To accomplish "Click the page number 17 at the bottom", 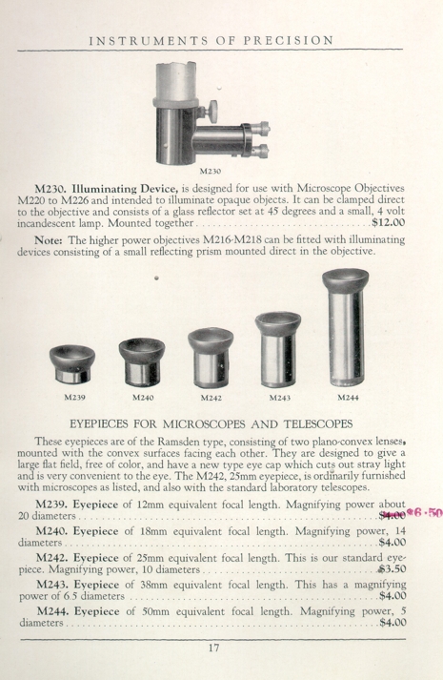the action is click(214, 648).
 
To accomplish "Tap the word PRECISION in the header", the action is click(289, 41).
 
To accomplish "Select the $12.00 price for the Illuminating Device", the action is click(389, 223).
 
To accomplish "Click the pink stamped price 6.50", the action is click(429, 513).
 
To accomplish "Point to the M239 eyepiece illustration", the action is click(72, 364).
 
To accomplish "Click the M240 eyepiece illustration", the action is click(142, 362).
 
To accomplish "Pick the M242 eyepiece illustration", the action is click(211, 358).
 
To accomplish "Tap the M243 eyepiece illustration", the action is click(278, 349).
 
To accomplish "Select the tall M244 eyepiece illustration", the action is click(346, 327).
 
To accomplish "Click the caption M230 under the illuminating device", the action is click(211, 172).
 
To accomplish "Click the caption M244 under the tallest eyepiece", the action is click(348, 398).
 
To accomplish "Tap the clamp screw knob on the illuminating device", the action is click(211, 110).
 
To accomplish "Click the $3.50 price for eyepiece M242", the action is click(392, 569).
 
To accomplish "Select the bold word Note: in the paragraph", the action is click(49, 239).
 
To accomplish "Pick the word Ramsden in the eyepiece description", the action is click(175, 442).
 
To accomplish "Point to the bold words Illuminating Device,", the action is click(125, 189).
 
